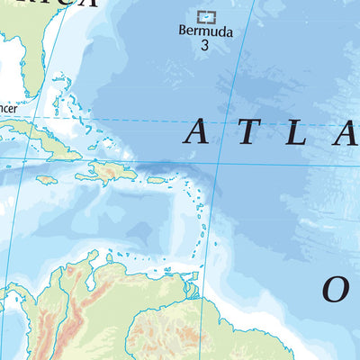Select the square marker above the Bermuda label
(x=206, y=16)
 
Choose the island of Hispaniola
(x=112, y=171)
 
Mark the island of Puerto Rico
(x=157, y=179)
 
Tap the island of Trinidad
(x=191, y=290)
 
